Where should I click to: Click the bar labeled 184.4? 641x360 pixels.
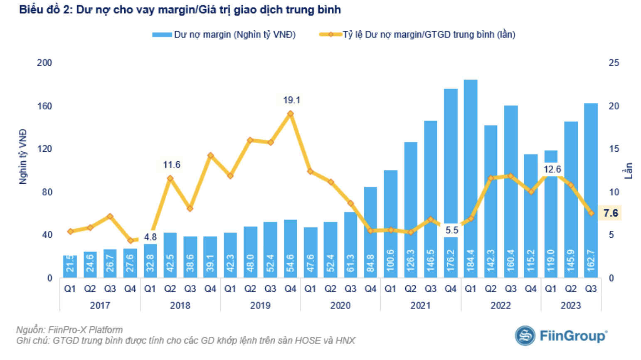(471, 179)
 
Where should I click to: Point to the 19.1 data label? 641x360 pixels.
(291, 100)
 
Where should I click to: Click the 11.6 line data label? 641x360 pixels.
(171, 165)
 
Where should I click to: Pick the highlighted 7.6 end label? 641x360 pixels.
(611, 213)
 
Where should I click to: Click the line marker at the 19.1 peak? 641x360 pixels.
(291, 113)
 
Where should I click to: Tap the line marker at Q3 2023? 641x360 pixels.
(591, 213)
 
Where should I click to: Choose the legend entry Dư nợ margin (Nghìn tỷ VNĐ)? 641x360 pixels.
(224, 35)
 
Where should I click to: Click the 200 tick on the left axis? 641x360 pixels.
(44, 63)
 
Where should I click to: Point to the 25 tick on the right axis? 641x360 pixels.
(614, 63)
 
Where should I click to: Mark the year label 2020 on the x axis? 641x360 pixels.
(340, 306)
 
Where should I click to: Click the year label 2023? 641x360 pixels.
(570, 306)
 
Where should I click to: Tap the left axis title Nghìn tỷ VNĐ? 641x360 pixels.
(23, 157)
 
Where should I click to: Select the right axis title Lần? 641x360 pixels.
(628, 170)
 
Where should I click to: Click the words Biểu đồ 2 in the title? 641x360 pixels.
(45, 10)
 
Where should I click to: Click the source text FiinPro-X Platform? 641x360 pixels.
(85, 330)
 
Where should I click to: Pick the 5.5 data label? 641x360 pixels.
(451, 230)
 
